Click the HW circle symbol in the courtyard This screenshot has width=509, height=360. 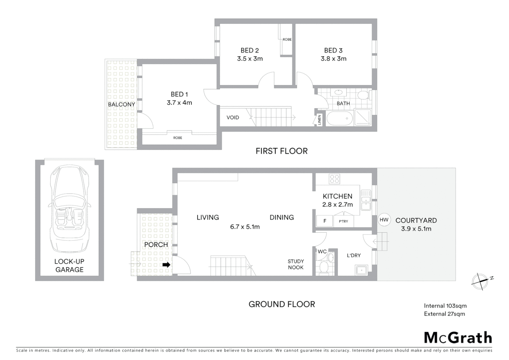pyautogui.click(x=384, y=220)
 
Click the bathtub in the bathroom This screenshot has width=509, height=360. pyautogui.click(x=339, y=118)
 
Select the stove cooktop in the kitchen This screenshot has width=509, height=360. pyautogui.click(x=334, y=179)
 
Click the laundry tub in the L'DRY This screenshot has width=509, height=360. pyautogui.click(x=361, y=270)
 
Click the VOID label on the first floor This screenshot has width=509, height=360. pyautogui.click(x=233, y=117)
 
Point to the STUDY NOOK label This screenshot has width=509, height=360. pyautogui.click(x=295, y=264)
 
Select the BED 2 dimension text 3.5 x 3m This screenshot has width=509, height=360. pyautogui.click(x=250, y=59)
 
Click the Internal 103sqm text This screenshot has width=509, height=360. pyautogui.click(x=445, y=306)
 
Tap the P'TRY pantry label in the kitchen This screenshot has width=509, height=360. pyautogui.click(x=343, y=221)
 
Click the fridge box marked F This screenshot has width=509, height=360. pyautogui.click(x=325, y=221)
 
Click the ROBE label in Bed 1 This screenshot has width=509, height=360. pyautogui.click(x=178, y=138)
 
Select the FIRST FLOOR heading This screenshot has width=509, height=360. pyautogui.click(x=281, y=151)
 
